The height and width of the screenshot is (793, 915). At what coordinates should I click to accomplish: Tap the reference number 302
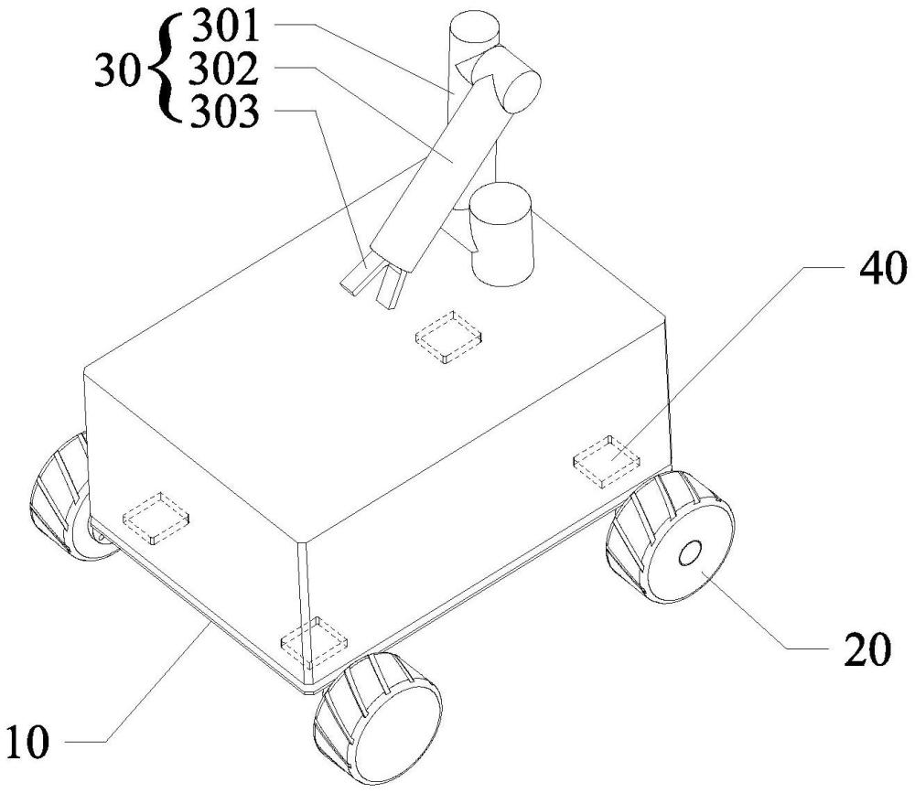click(224, 71)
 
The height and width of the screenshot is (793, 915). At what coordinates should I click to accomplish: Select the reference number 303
click(224, 115)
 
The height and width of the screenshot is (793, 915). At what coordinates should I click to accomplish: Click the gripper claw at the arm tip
click(375, 278)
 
